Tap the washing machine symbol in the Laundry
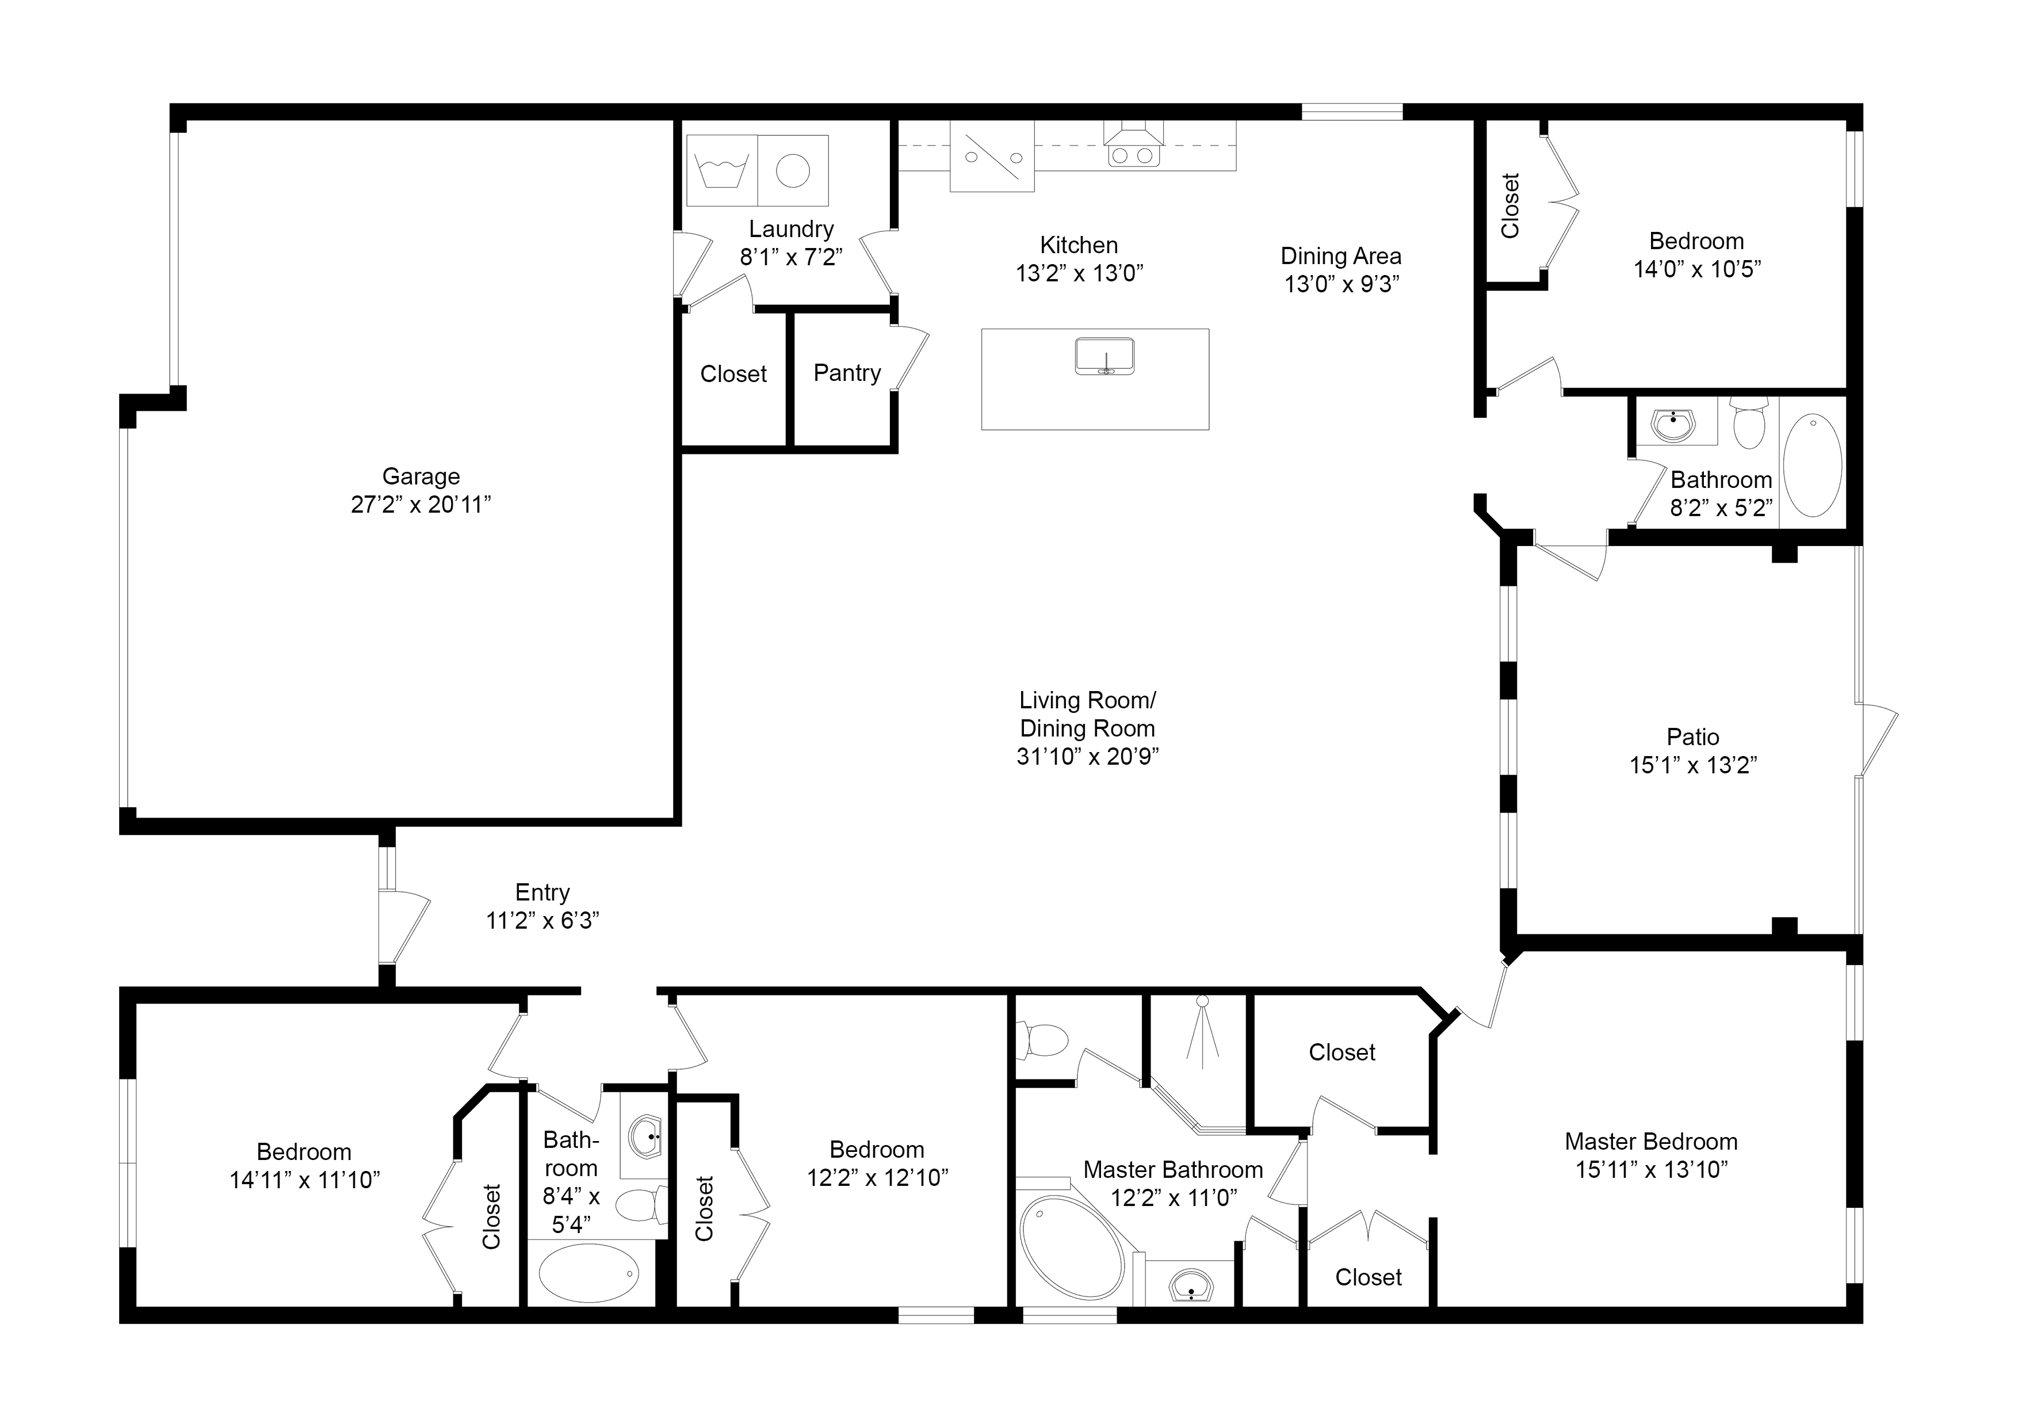[721, 170]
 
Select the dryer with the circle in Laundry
[793, 170]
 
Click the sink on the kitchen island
[1105, 356]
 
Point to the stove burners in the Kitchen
[1133, 155]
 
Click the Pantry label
[846, 373]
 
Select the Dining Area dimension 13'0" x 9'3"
[1341, 284]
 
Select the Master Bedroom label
[1650, 1141]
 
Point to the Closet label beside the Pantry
[733, 373]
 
